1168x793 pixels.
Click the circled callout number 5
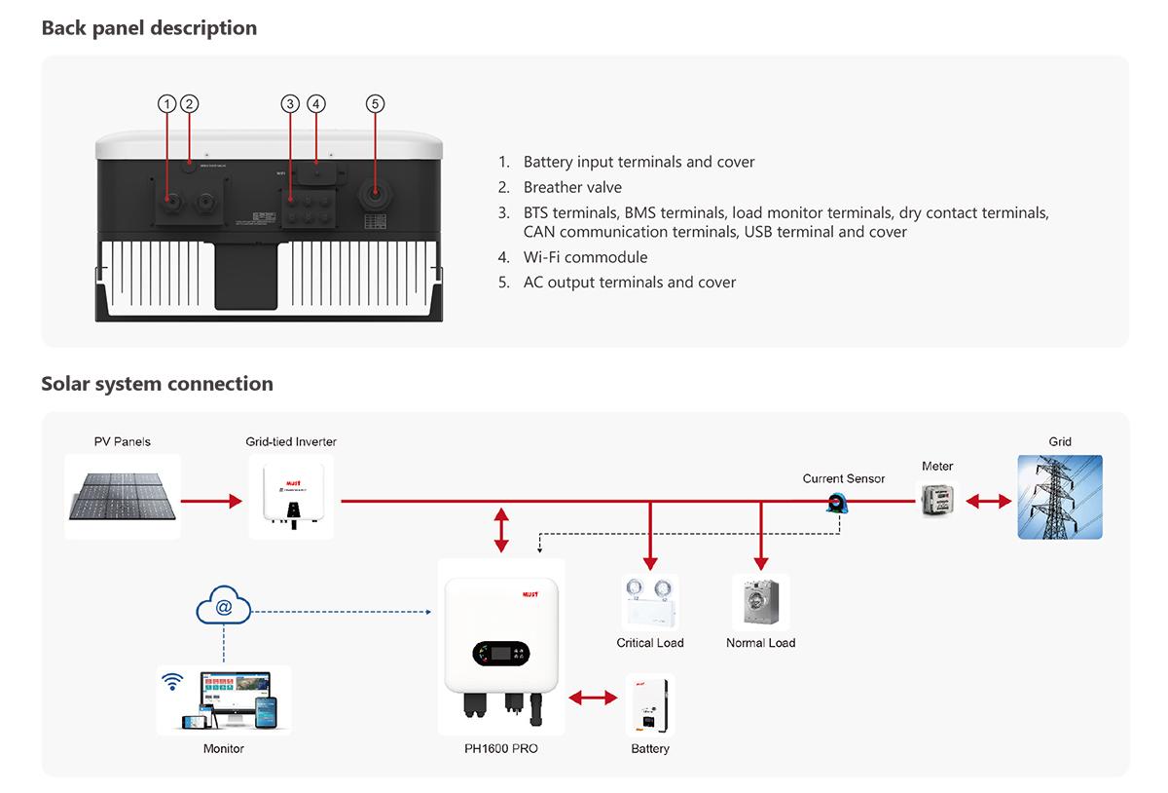(x=376, y=103)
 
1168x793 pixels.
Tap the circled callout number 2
(x=190, y=103)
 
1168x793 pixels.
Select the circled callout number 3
(x=289, y=103)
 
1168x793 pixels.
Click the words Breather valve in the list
(x=572, y=187)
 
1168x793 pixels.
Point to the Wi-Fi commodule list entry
(x=585, y=257)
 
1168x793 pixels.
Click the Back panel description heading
(x=149, y=28)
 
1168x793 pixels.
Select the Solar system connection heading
(x=157, y=384)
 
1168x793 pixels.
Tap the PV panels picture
(x=123, y=496)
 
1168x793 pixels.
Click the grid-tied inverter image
(x=291, y=496)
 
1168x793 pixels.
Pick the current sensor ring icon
(x=835, y=503)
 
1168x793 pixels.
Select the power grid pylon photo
(x=1060, y=497)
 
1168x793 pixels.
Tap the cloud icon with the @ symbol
(x=224, y=608)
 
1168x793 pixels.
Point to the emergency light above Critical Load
(x=650, y=602)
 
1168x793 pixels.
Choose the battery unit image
(x=650, y=705)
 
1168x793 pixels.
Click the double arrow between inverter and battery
(x=593, y=698)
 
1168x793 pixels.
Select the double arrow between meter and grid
(x=987, y=502)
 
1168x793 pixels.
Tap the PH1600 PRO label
(x=501, y=749)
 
